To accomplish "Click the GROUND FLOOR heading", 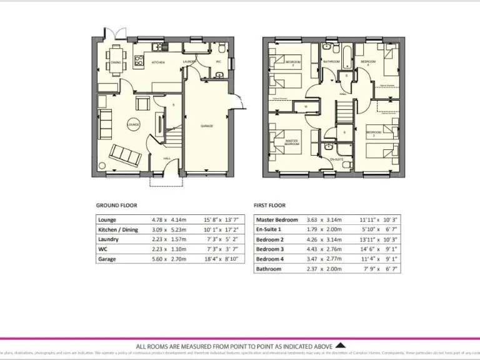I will coord(116,205).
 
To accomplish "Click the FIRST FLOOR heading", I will coord(269,205).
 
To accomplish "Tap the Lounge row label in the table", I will coord(107,220).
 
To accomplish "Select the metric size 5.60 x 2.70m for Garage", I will coord(169,259).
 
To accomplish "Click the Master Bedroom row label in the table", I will coord(277,220).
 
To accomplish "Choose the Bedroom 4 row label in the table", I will coord(269,259).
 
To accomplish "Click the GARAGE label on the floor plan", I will coord(207,126).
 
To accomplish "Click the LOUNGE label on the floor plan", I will coord(132,125).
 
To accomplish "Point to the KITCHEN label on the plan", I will coord(159,62).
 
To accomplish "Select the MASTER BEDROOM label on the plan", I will coord(291,142).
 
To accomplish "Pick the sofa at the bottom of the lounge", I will coord(125,154).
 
